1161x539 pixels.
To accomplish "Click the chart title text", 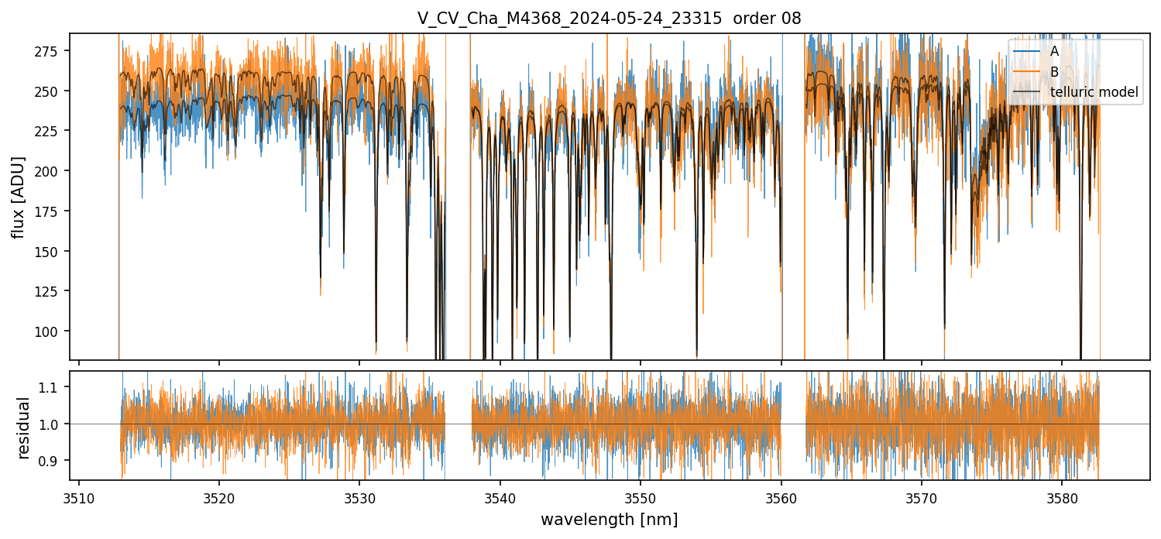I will pyautogui.click(x=609, y=19).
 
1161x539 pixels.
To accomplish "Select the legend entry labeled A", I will pyautogui.click(x=1054, y=51).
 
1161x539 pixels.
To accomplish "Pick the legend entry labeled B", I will pyautogui.click(x=1054, y=72).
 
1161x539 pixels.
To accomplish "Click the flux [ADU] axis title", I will pyautogui.click(x=18, y=197).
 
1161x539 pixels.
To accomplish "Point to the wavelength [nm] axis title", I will pyautogui.click(x=609, y=520).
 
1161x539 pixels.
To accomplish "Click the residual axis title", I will pyautogui.click(x=24, y=427).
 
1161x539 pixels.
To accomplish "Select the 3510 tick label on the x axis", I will pyautogui.click(x=79, y=497).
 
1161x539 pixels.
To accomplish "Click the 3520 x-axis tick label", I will pyautogui.click(x=219, y=497).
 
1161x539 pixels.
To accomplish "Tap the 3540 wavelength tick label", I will pyautogui.click(x=500, y=497).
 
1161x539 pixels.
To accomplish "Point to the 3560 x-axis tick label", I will pyautogui.click(x=781, y=497).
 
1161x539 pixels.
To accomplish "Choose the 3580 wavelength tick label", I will pyautogui.click(x=1062, y=497).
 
